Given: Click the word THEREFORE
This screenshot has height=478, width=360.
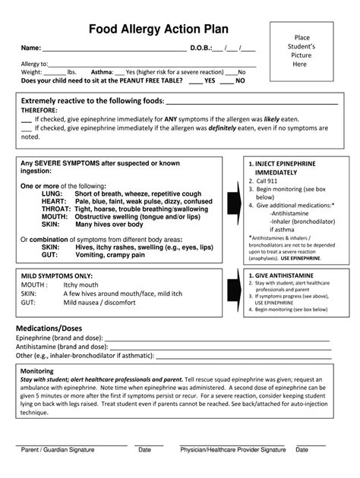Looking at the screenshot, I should point(45,110).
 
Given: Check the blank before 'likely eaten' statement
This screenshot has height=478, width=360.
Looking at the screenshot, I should point(27,119).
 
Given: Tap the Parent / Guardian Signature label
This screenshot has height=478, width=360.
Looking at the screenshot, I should point(58,450).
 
